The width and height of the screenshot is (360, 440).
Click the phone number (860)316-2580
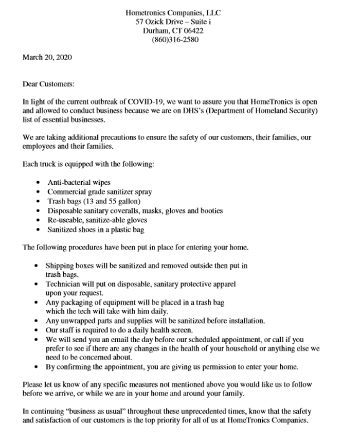(175, 40)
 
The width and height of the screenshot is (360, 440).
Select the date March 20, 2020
(47, 57)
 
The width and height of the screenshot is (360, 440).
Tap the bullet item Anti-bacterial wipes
(79, 182)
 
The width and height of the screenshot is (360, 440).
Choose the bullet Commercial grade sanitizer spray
(100, 191)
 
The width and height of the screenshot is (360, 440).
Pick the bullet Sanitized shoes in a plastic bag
(96, 229)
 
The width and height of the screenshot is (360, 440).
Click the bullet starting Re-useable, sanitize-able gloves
(97, 220)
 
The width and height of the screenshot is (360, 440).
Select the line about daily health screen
(119, 330)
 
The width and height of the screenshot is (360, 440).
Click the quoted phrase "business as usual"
(90, 412)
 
